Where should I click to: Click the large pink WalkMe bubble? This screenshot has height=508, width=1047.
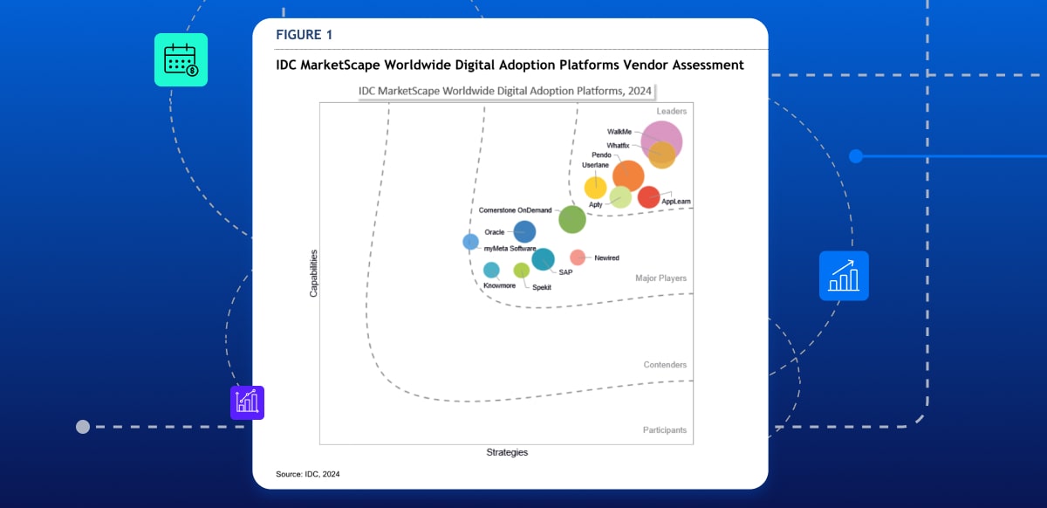[x=661, y=140]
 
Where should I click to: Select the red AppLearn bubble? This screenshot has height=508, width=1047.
[x=648, y=197]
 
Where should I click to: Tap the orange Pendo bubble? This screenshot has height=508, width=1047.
[x=628, y=175]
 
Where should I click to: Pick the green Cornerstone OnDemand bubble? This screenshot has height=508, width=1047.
[x=572, y=219]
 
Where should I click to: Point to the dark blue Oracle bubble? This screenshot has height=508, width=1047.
[x=524, y=231]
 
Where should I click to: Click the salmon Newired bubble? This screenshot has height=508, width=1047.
[x=578, y=257]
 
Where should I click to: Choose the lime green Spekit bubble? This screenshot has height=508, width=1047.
[x=521, y=271]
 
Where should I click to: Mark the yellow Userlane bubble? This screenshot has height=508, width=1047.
[x=595, y=188]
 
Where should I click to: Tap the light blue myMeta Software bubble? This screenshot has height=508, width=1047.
[x=470, y=242]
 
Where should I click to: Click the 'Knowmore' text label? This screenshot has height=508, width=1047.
[x=499, y=285]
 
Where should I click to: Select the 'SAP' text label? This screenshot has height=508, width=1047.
[x=565, y=272]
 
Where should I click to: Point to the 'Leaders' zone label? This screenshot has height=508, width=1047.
[x=672, y=112]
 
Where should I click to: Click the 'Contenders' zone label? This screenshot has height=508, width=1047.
[x=665, y=365]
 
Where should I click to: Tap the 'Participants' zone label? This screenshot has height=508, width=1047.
[x=665, y=430]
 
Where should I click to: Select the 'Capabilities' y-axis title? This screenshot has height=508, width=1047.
[x=313, y=273]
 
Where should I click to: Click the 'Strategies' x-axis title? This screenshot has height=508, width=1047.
[x=507, y=452]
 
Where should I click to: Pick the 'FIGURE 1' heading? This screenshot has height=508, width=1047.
[x=304, y=35]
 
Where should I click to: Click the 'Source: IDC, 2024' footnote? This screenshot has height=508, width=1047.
[x=308, y=474]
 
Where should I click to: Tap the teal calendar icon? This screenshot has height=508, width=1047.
[x=181, y=60]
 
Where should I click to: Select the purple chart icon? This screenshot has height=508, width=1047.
[x=247, y=402]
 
